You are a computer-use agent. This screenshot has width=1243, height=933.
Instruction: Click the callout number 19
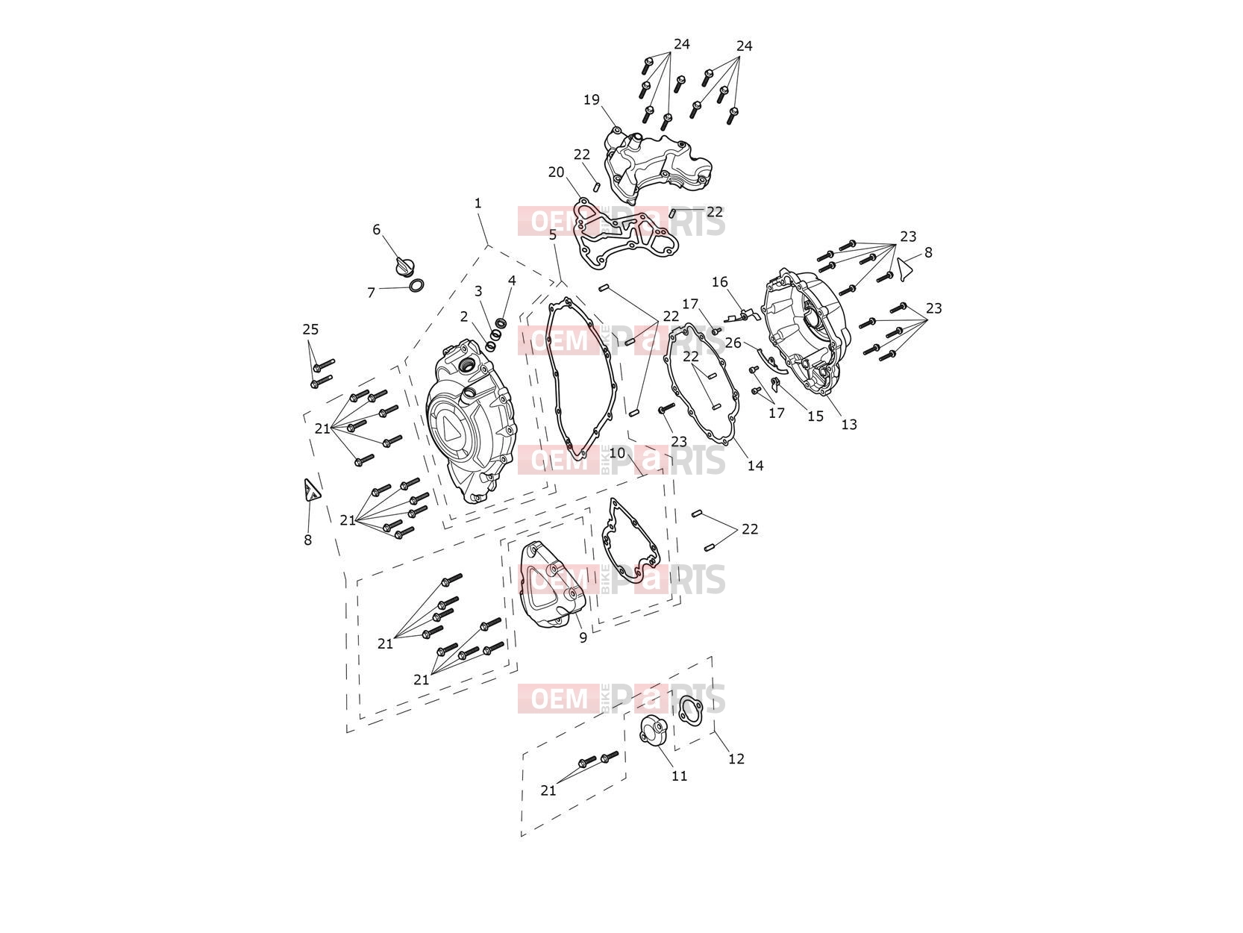tap(591, 100)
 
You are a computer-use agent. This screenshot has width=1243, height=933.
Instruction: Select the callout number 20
tap(556, 172)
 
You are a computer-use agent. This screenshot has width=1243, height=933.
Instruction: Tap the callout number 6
tap(377, 229)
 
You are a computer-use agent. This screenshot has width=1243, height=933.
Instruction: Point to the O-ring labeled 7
tap(416, 286)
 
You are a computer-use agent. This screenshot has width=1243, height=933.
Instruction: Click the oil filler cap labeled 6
tap(405, 266)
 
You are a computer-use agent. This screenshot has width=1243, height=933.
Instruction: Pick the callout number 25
tap(310, 329)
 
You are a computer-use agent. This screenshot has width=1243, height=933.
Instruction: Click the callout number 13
tap(849, 424)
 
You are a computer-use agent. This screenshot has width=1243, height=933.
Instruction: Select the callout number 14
tap(756, 466)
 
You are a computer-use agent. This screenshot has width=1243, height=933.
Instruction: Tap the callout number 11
tap(679, 776)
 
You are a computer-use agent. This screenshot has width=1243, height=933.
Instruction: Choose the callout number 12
tap(736, 758)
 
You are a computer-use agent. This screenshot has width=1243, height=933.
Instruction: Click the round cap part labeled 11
tap(652, 730)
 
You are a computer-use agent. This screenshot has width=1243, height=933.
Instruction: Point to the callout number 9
tap(583, 637)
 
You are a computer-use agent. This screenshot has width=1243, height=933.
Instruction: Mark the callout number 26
tap(733, 343)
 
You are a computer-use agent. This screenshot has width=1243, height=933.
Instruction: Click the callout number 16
tap(720, 281)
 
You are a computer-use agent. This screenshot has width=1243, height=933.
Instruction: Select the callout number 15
tap(815, 416)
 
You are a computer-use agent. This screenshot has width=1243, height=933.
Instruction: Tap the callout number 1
tap(478, 203)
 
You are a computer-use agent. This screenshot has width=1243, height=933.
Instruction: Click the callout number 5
tap(553, 234)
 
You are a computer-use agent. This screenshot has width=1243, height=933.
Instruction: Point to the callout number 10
tap(617, 453)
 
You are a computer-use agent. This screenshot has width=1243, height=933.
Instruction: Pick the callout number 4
tap(512, 281)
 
